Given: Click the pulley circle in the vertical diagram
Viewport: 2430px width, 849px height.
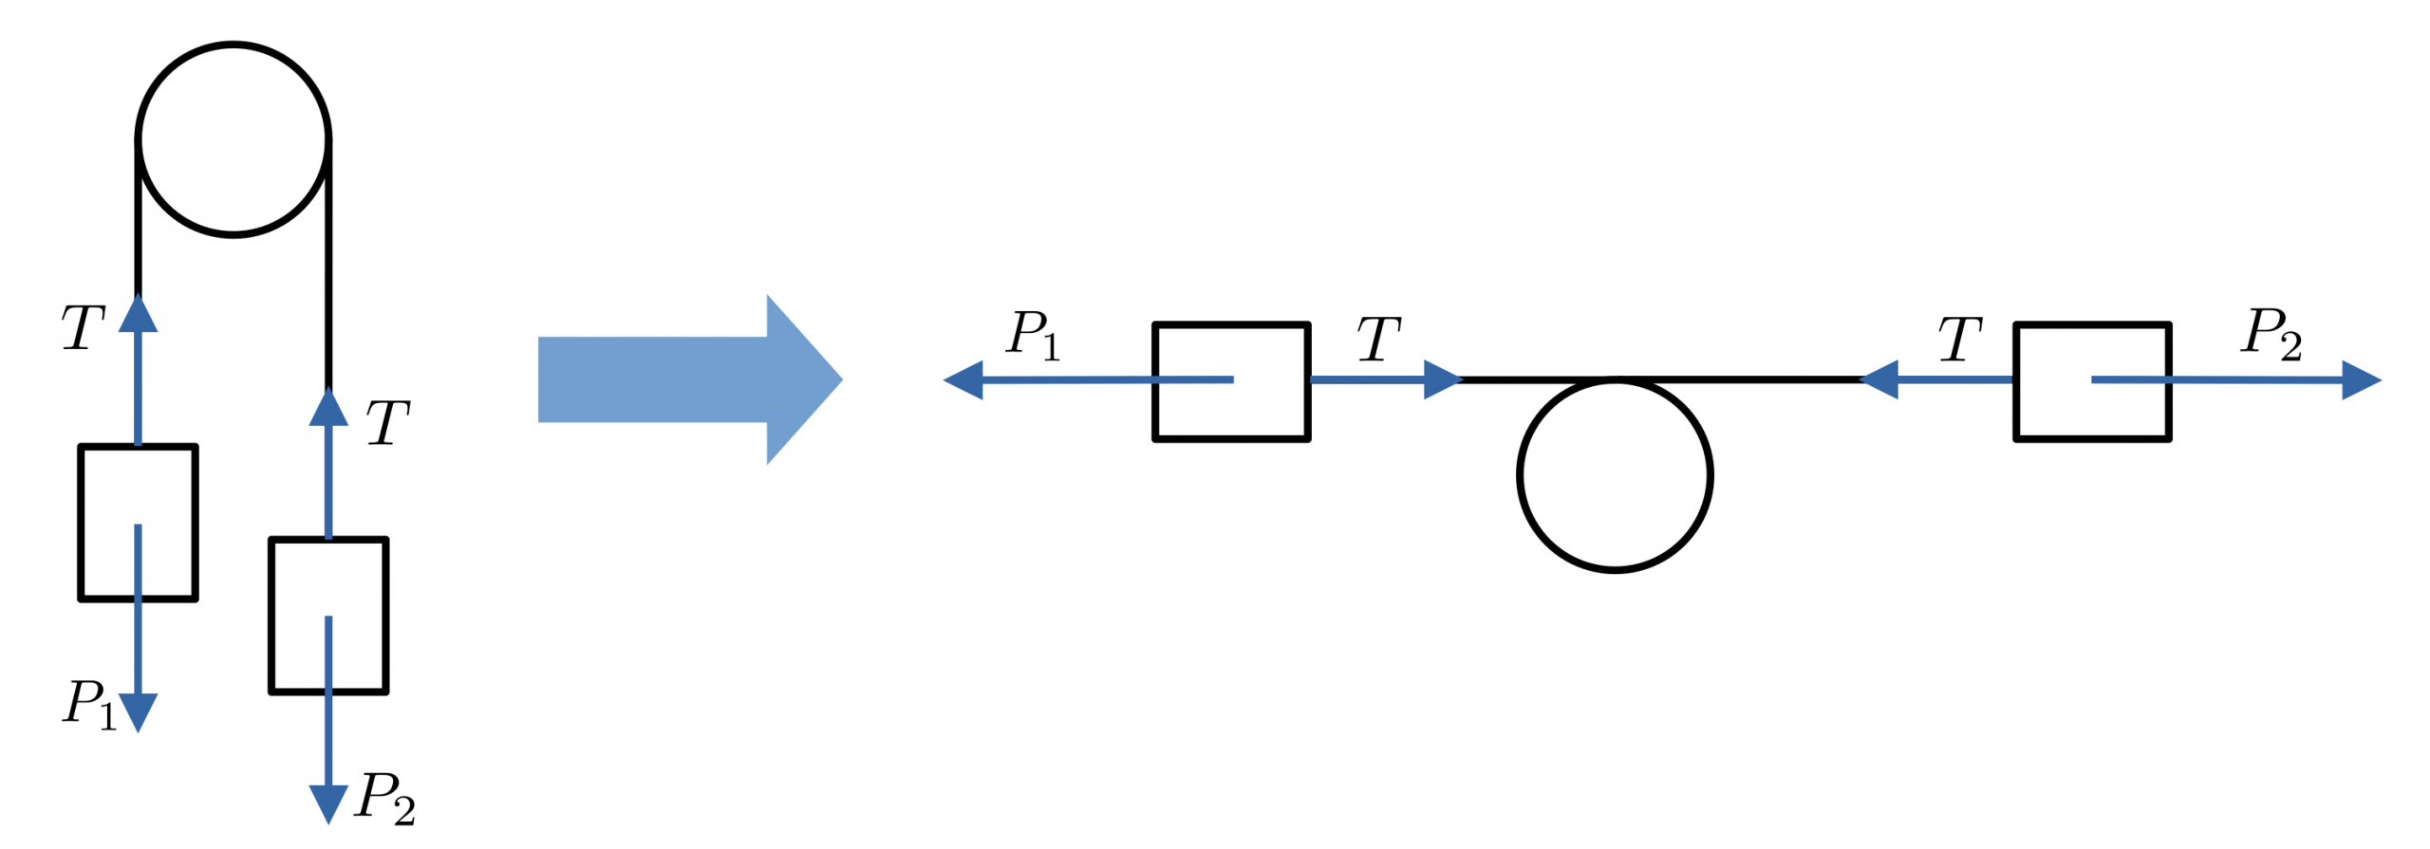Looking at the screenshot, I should coord(233,138).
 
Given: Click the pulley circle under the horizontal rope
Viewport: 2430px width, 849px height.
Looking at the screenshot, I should coord(1614,474).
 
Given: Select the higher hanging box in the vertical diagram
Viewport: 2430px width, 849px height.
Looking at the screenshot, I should coord(138,522).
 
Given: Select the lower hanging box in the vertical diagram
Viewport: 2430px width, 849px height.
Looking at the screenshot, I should coord(328,615).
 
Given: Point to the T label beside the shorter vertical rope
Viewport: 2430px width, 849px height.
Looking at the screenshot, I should coord(83,328).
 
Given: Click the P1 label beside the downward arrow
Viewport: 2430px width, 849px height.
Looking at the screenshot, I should coord(89,705).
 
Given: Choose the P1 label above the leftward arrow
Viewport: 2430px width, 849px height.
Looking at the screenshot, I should coord(1033,335).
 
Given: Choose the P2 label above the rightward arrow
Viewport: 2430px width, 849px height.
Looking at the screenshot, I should coord(2271,333).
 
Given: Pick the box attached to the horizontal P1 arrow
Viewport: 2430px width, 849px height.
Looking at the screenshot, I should coord(1231,381).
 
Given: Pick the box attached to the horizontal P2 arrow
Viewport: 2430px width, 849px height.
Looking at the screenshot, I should coord(2092,381).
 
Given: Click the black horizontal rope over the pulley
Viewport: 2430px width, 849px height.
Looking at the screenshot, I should coord(1661,378).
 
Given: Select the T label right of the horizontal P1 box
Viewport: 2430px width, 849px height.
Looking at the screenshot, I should coord(1378,339).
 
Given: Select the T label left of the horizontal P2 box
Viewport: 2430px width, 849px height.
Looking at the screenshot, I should coord(1959,339).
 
